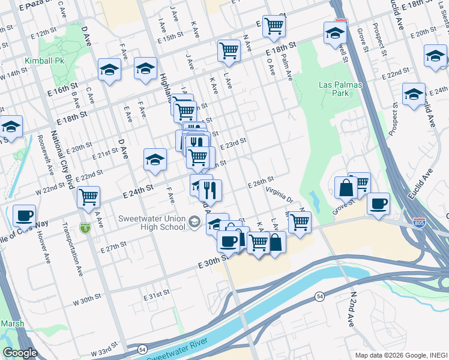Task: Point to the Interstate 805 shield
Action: tap(418, 223)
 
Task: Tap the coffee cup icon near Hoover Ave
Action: tap(24, 215)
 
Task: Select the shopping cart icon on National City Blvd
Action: tap(88, 196)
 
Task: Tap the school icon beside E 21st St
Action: tap(155, 160)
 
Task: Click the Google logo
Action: tap(19, 353)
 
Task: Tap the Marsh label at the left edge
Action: tap(12, 323)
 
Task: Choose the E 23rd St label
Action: tap(234, 144)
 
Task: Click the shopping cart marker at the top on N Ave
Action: tap(274, 25)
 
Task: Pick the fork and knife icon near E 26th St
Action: tap(209, 190)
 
